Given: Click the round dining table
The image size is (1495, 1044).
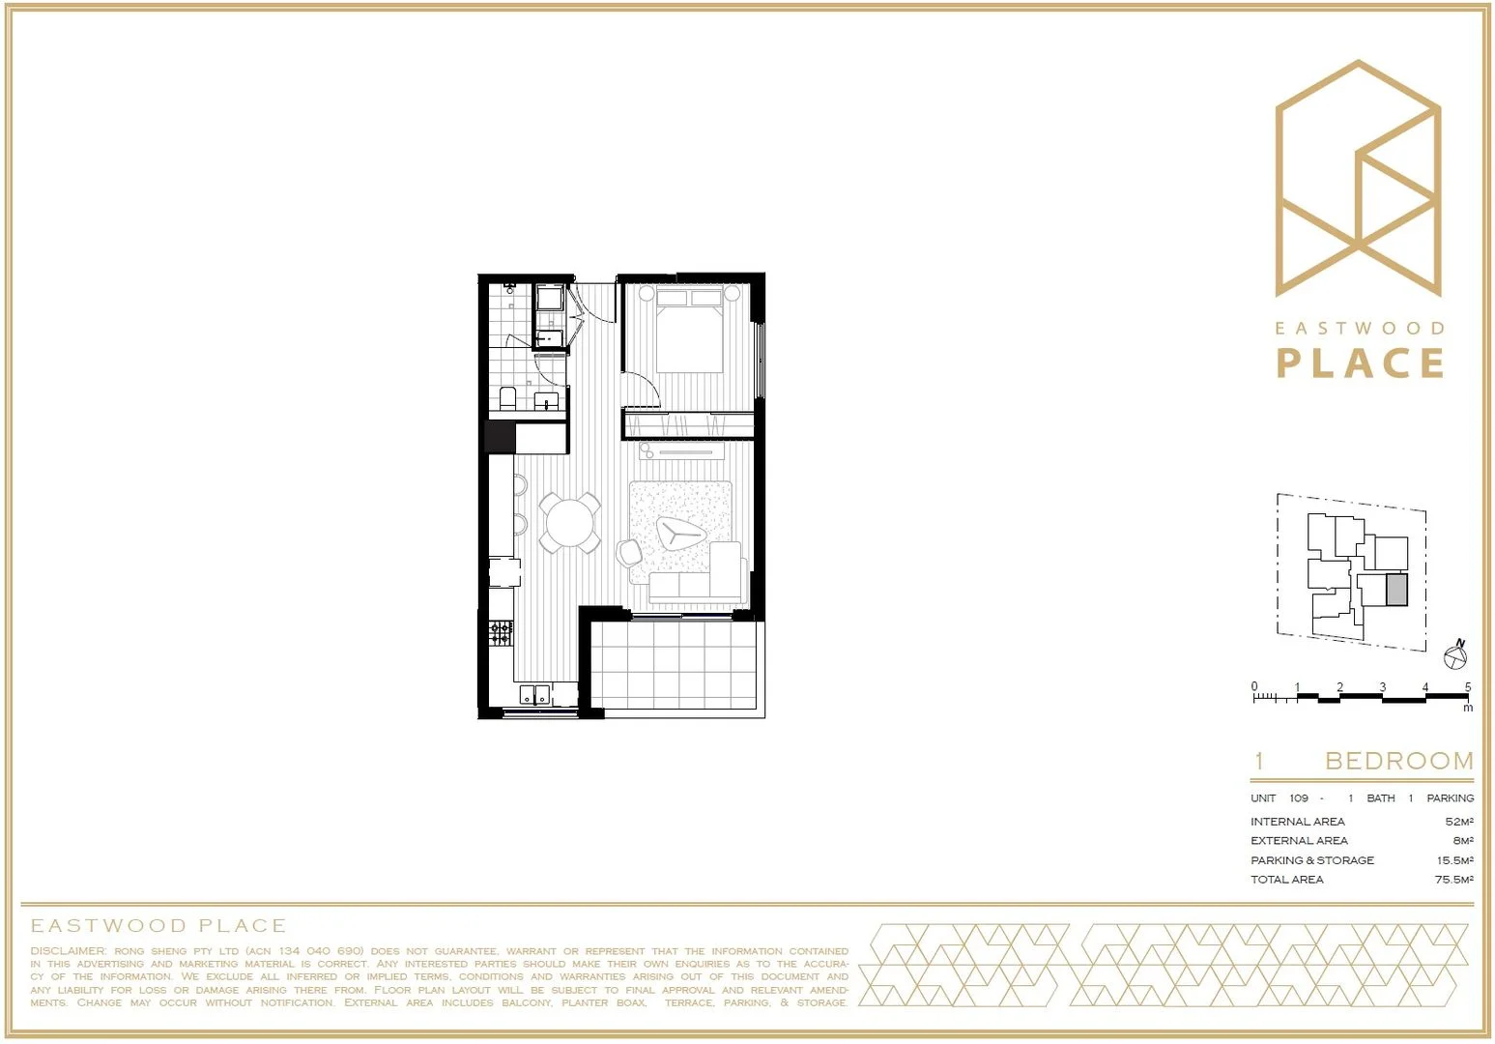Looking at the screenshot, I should [x=570, y=523].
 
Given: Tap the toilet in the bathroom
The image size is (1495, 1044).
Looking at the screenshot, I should [x=507, y=397].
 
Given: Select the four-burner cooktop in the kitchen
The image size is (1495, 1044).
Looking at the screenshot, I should [x=501, y=634].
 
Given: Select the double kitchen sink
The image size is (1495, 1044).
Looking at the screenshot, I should [x=534, y=694].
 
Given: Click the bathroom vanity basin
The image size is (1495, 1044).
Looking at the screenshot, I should [x=547, y=401].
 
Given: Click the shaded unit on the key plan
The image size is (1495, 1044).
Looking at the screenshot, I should [x=1396, y=590].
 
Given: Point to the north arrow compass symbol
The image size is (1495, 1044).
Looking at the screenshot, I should [x=1455, y=656].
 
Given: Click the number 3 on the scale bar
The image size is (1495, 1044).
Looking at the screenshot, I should [x=1382, y=687].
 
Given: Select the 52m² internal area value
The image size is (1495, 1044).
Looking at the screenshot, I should [x=1459, y=822].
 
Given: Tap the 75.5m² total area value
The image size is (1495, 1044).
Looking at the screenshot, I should [x=1453, y=880].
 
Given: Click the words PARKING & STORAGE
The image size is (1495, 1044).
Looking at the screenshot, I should [x=1311, y=860].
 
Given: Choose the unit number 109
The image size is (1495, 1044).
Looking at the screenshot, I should [x=1298, y=798].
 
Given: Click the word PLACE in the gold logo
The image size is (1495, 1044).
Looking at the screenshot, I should [x=1360, y=363].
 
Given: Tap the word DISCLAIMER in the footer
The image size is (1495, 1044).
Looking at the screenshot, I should [x=68, y=951].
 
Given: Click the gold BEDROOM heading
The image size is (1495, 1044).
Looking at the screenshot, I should [x=1398, y=761].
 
